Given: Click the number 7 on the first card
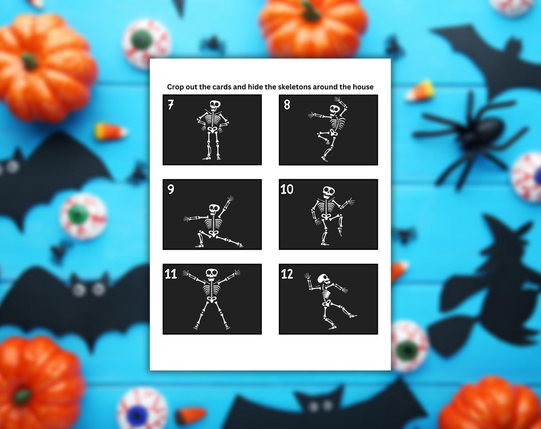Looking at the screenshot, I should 171,105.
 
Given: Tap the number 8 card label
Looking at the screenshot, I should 287,105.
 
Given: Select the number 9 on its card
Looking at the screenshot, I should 171,190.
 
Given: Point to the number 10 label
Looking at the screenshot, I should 287,190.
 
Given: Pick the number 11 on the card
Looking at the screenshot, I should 171,274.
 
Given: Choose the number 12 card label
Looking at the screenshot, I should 287,274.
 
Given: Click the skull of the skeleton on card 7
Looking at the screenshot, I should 215,105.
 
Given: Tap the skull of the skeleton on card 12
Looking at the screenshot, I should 324,279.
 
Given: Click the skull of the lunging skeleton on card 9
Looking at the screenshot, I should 214,209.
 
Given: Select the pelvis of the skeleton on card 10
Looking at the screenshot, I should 326,217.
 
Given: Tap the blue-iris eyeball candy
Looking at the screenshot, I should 142,409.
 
